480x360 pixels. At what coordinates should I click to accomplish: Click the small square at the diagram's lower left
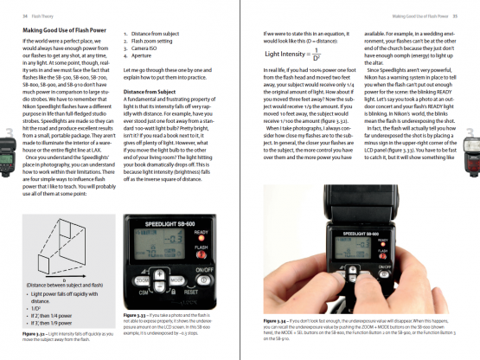coord(32,268)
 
